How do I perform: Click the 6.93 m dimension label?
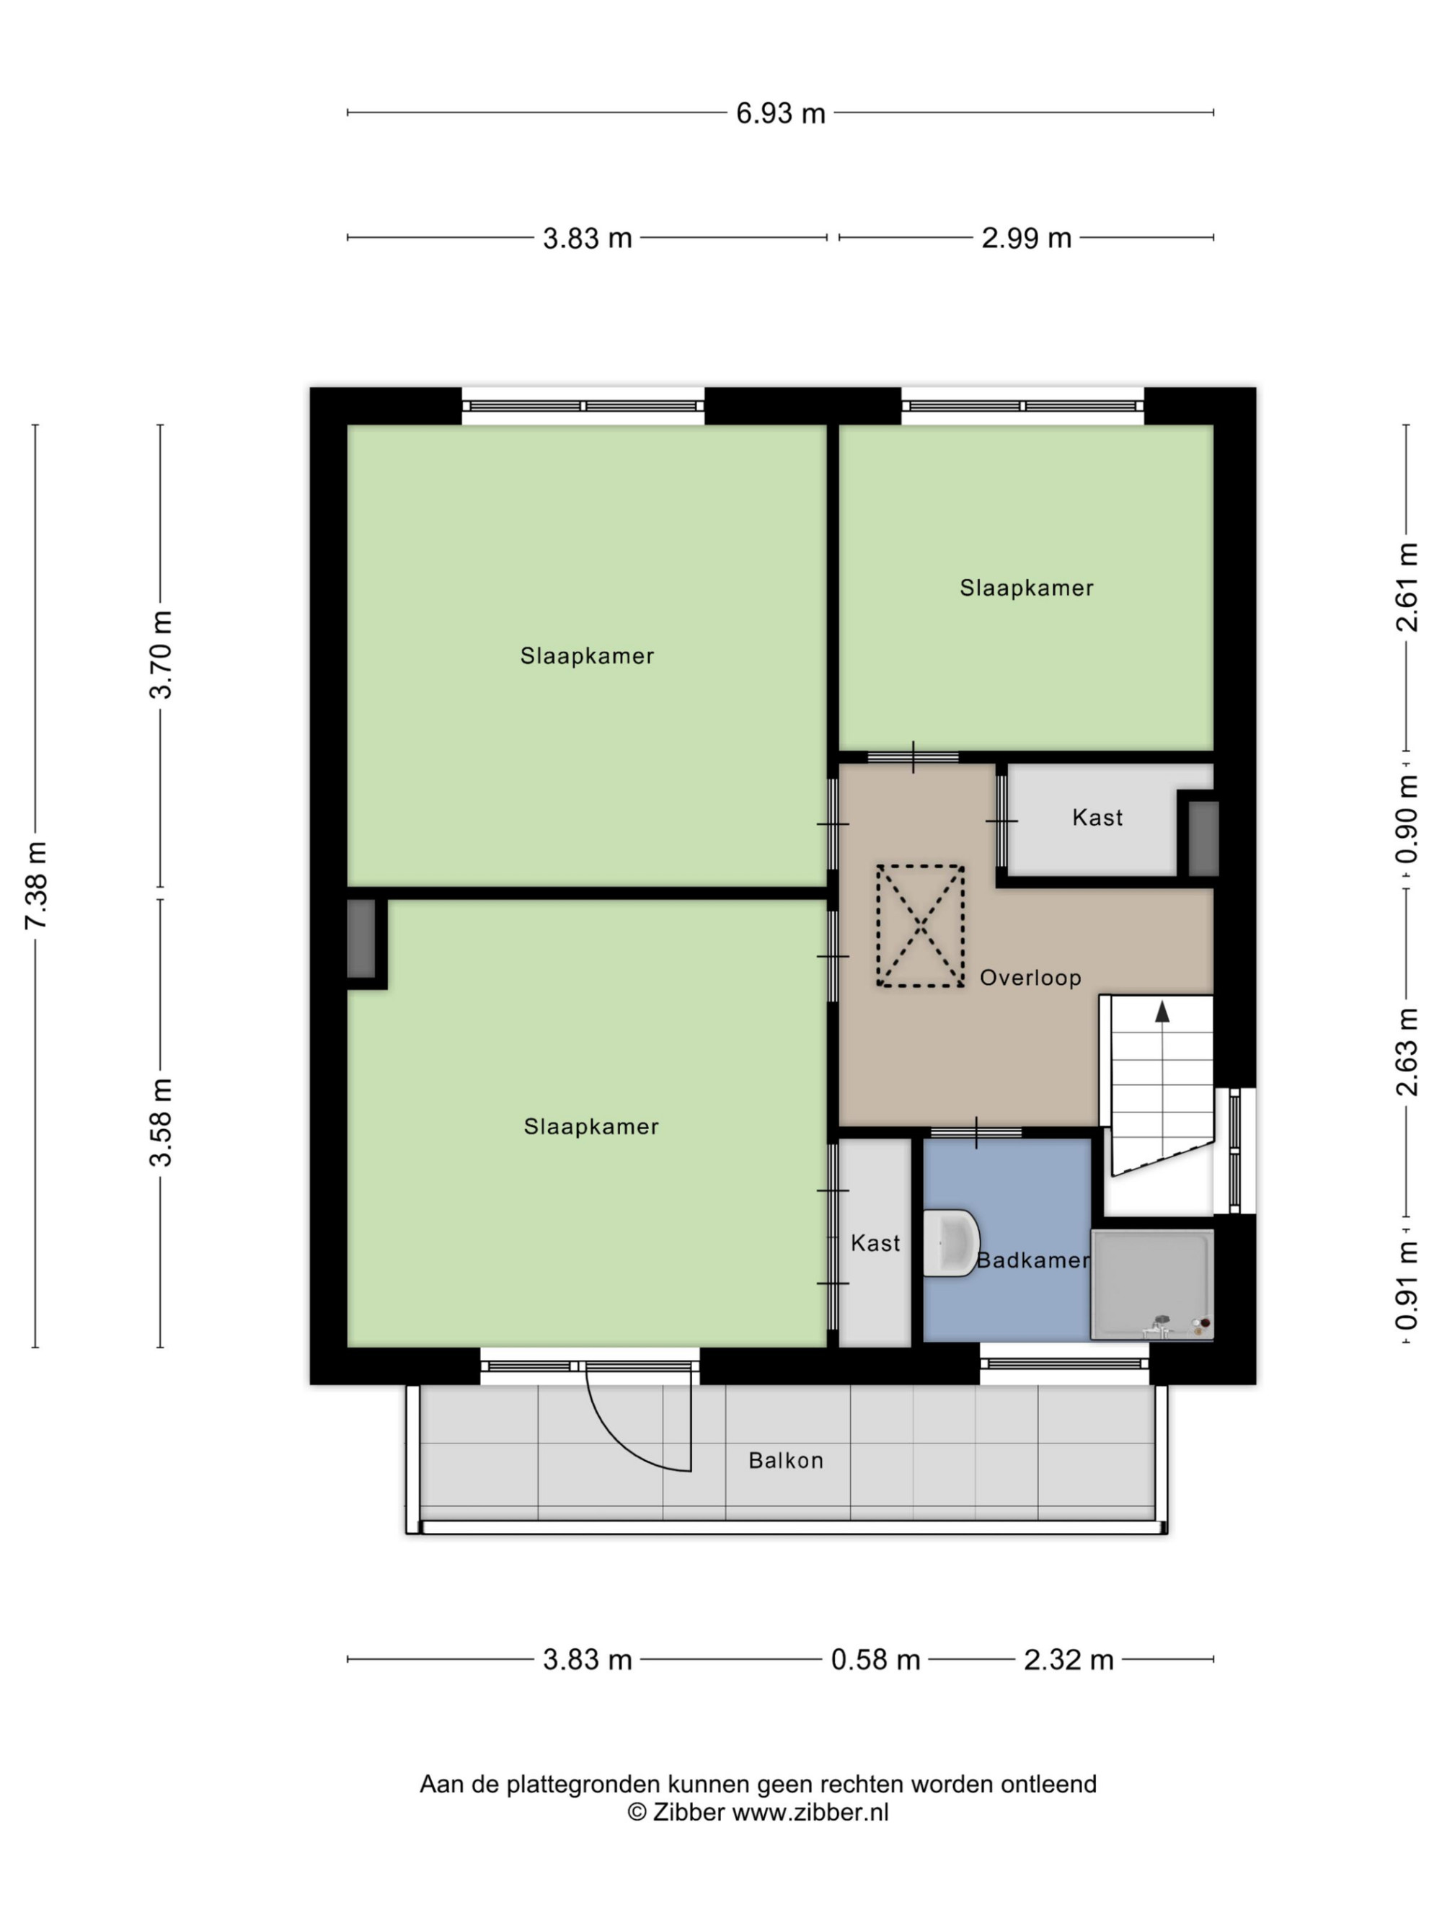[x=779, y=113]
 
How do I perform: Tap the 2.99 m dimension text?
[x=1026, y=237]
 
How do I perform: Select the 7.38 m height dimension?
[x=37, y=885]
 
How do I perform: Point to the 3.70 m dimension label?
[x=161, y=655]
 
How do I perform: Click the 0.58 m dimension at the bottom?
[x=875, y=1660]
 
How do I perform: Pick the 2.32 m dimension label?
[x=1069, y=1660]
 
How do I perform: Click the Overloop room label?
[x=1030, y=978]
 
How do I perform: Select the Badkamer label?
[x=1032, y=1260]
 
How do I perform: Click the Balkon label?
[x=786, y=1461]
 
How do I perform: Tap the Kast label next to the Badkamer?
[x=875, y=1243]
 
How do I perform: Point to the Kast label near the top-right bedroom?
[x=1097, y=817]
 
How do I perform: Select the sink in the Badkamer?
[x=951, y=1243]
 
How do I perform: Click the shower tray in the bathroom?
[x=1151, y=1284]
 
